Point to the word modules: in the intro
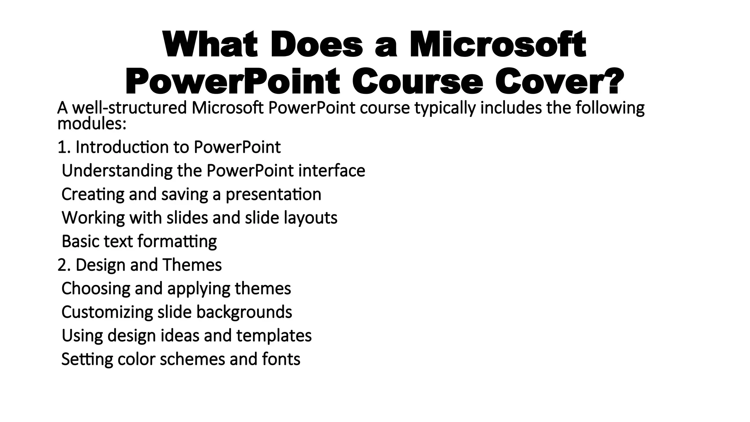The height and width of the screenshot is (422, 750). click(x=92, y=124)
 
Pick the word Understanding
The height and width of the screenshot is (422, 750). click(x=117, y=171)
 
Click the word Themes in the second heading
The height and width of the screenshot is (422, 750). click(x=192, y=265)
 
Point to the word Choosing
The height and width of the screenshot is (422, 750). click(x=96, y=289)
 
